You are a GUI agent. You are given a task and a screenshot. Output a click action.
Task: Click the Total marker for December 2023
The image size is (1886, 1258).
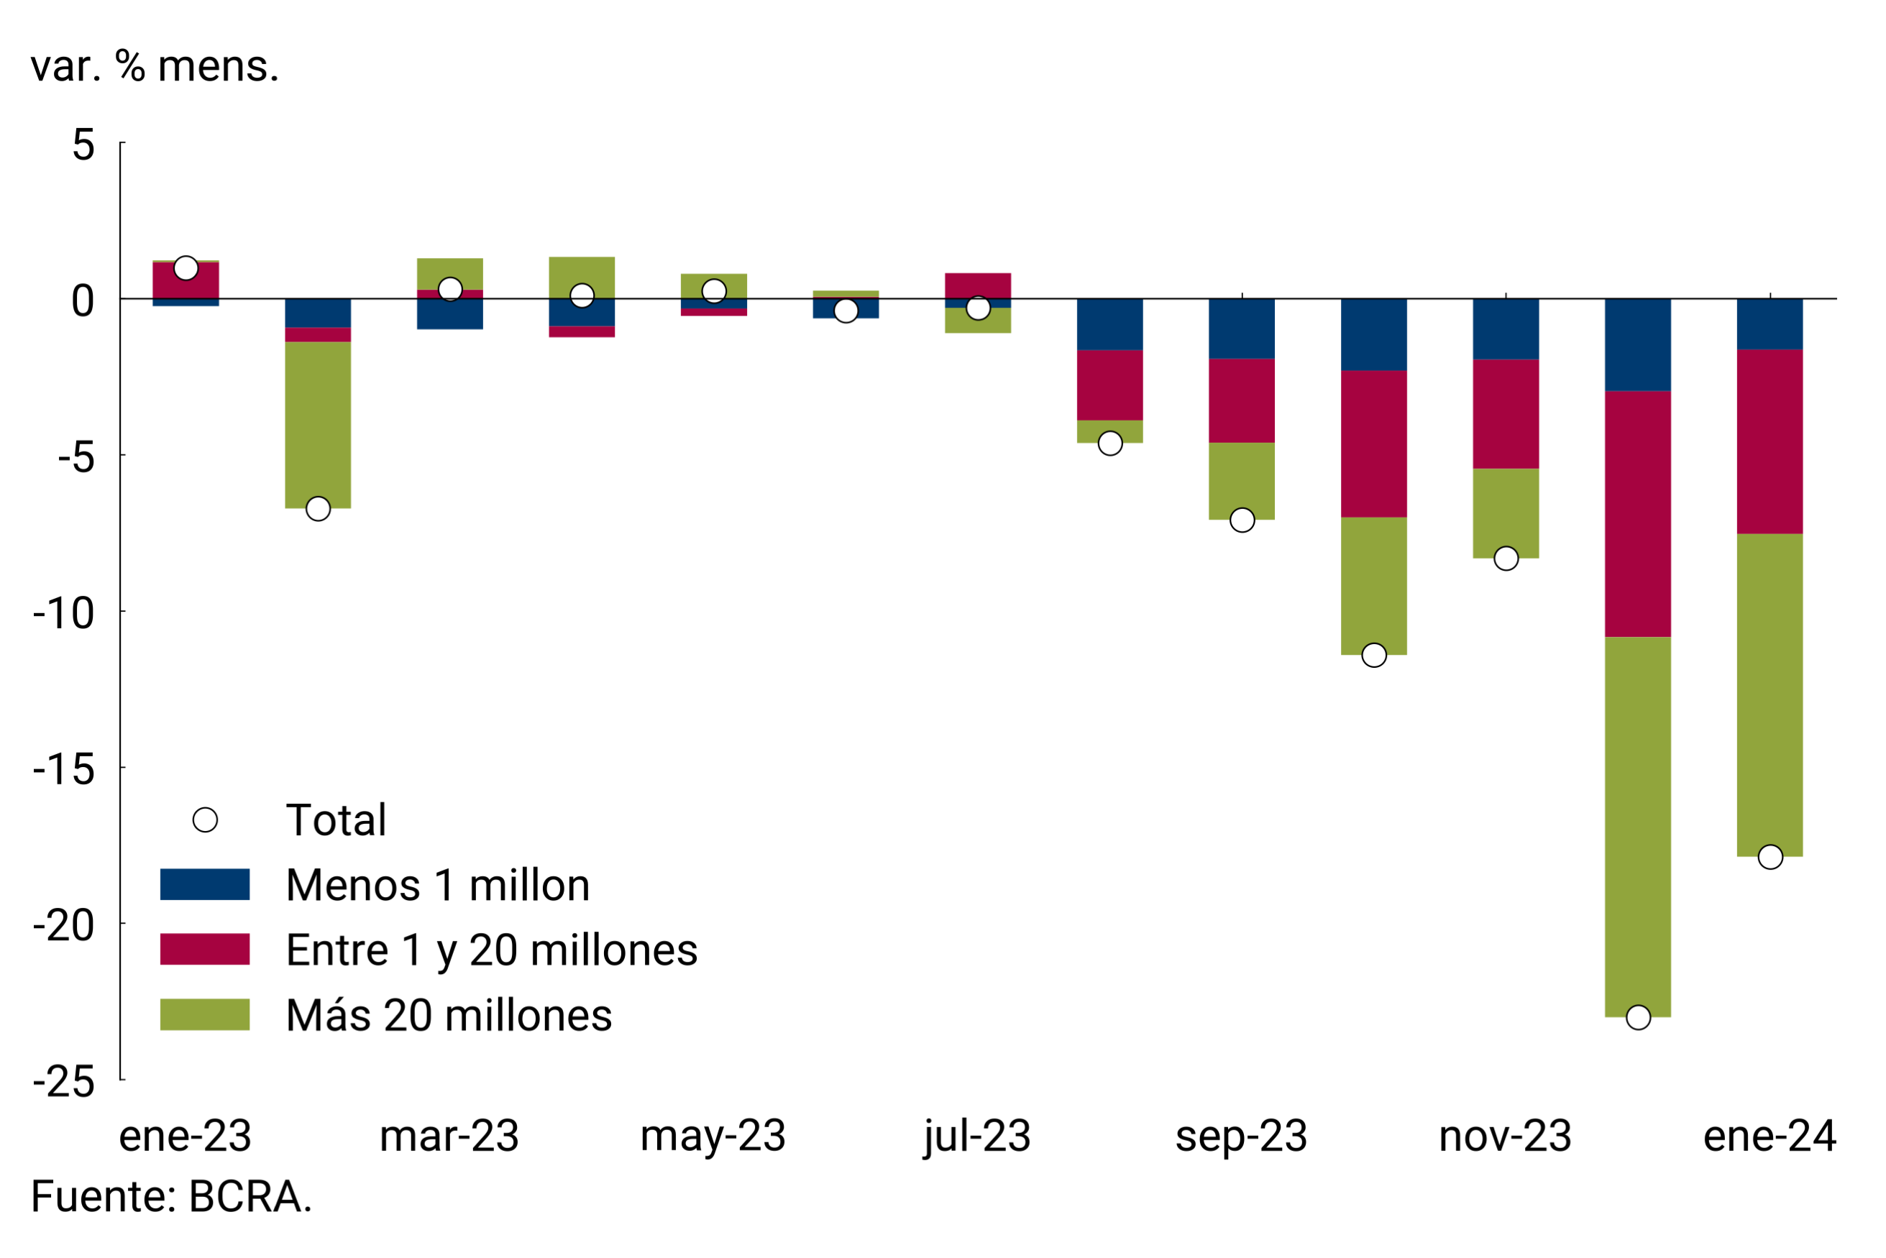[1638, 1017]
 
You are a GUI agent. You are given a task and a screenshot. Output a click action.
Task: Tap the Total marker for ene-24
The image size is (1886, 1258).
[1770, 857]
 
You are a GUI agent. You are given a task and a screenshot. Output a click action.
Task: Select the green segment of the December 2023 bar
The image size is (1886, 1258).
[1638, 827]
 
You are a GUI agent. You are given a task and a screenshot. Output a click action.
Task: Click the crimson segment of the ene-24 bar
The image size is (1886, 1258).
[1770, 441]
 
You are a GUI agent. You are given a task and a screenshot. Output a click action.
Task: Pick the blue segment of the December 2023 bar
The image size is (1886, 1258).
[1638, 345]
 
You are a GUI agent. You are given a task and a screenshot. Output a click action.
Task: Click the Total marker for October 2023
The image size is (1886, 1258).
[1374, 656]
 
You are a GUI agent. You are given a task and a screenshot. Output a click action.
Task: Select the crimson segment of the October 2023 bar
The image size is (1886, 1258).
[1374, 444]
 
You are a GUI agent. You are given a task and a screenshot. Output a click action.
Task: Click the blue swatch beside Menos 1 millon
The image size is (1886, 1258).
[205, 884]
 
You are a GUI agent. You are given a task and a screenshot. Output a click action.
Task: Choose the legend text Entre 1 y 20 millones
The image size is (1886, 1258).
[491, 950]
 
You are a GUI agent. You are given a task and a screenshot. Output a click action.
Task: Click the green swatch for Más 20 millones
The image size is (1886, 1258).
[205, 1014]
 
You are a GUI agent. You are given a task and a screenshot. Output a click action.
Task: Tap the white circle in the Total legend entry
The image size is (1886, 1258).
[205, 820]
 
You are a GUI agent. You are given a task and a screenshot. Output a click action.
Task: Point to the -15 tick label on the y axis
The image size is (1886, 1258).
[64, 768]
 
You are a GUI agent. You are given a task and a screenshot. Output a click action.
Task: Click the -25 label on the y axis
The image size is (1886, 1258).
[64, 1081]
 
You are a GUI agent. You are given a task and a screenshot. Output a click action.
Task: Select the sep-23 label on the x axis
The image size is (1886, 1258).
[1242, 1136]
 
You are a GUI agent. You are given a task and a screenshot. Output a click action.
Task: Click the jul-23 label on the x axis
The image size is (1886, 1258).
[976, 1136]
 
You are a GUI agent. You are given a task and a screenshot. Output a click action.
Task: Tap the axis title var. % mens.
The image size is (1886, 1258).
[155, 66]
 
